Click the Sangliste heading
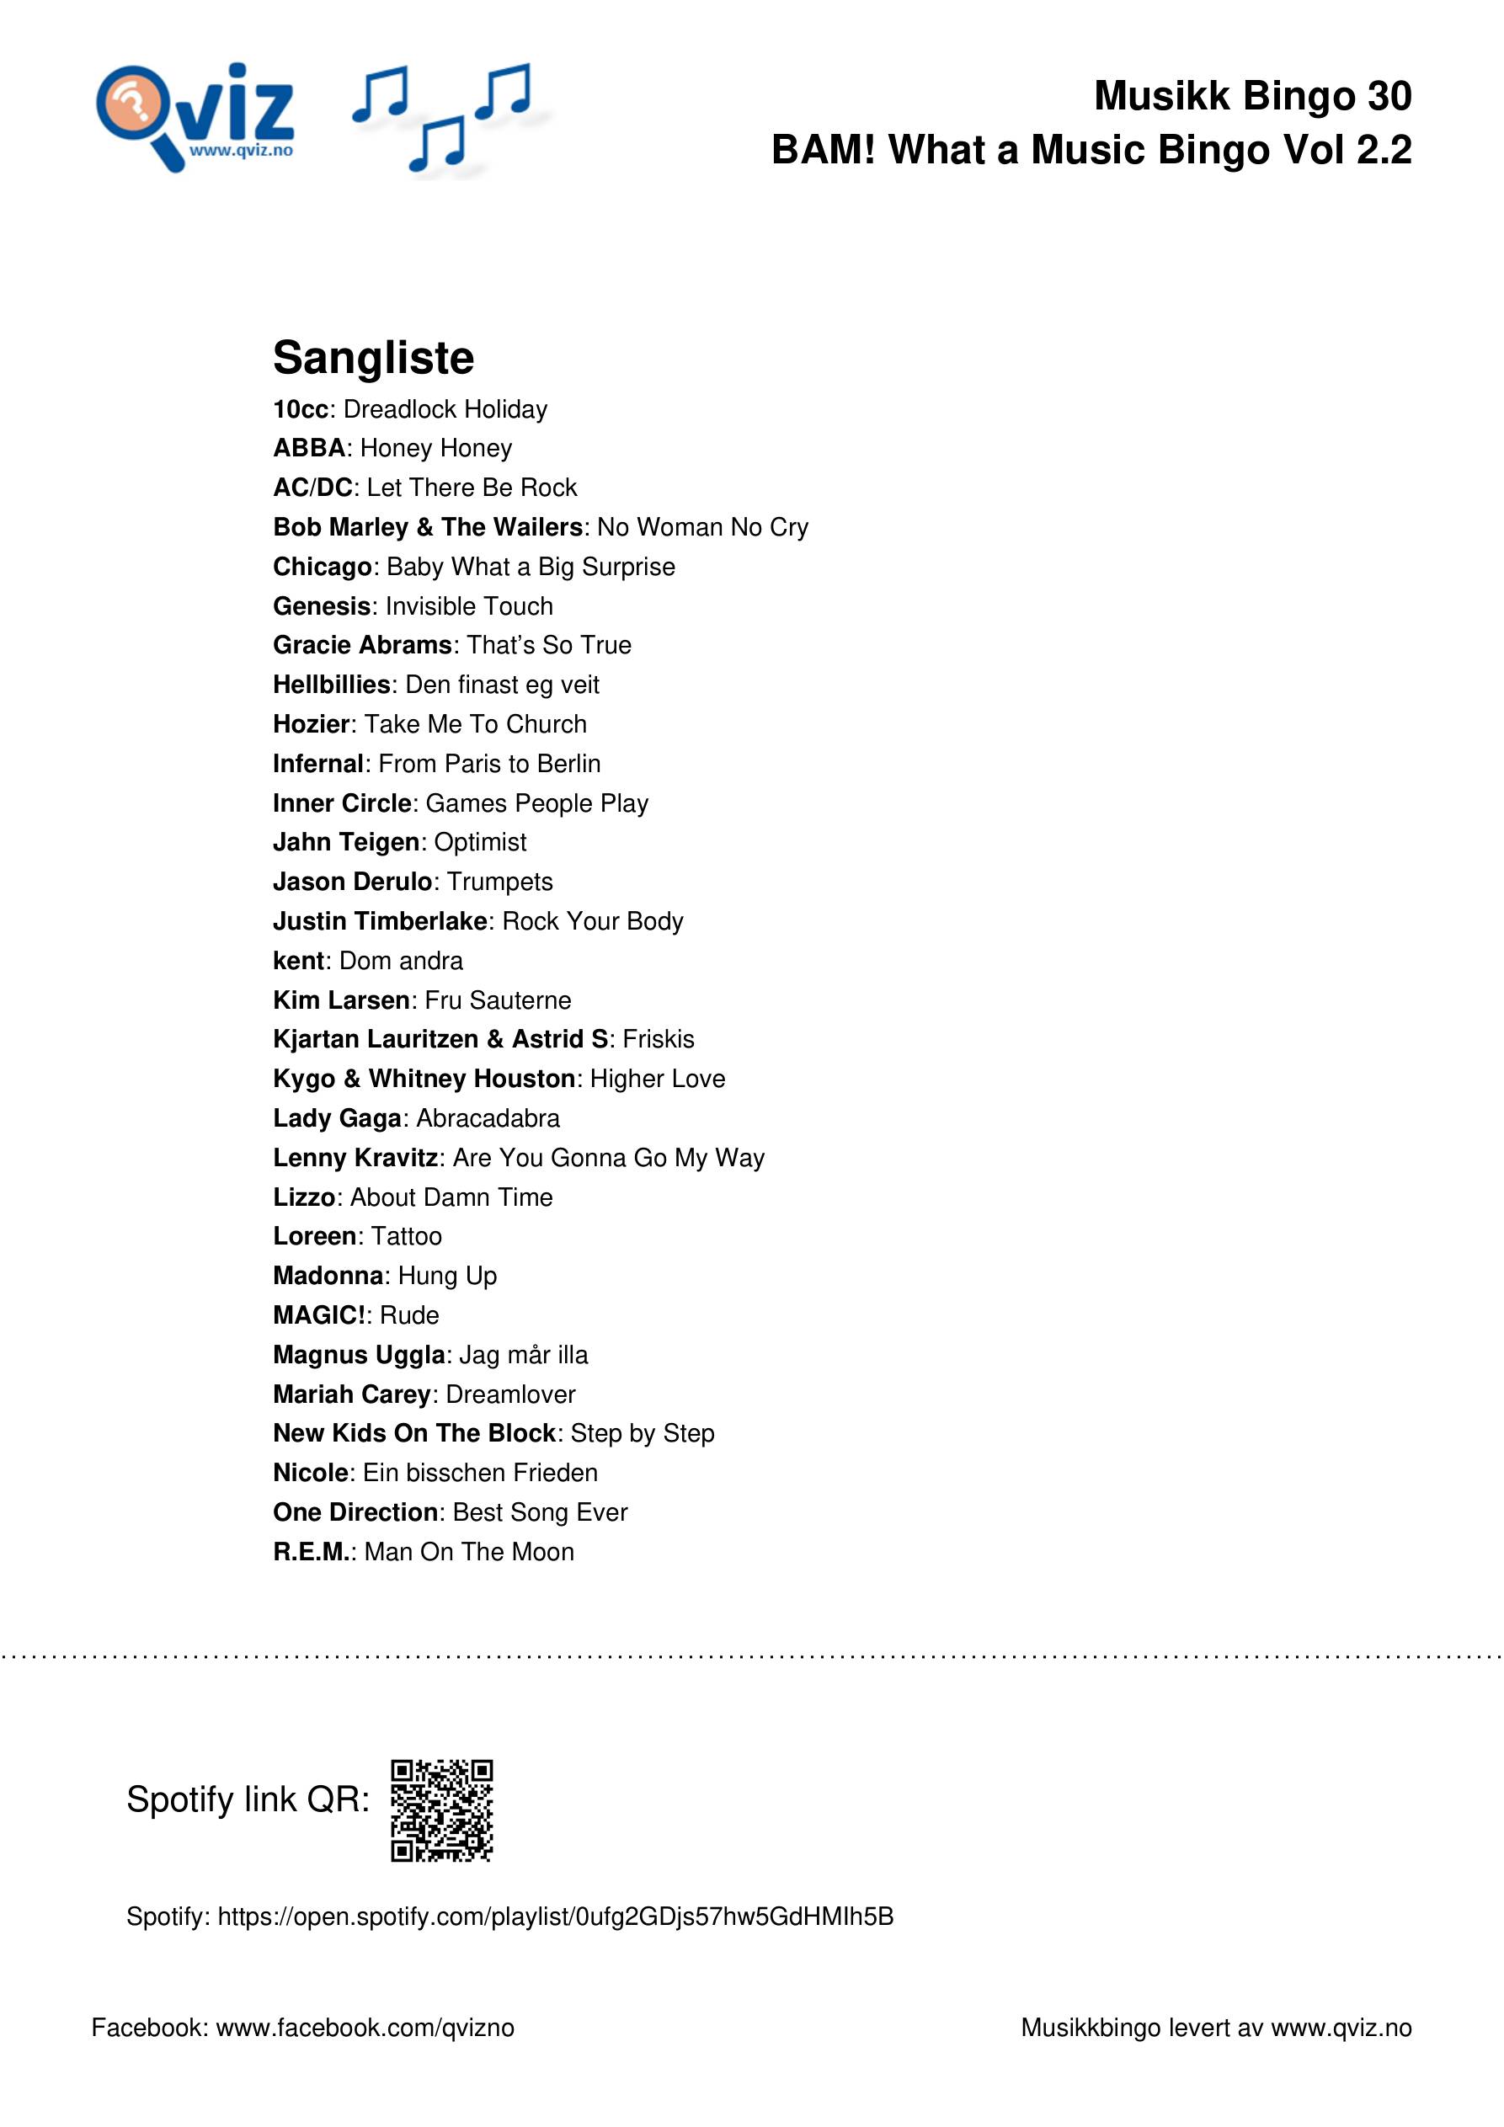click(373, 358)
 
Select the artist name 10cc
click(301, 409)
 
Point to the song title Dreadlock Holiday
click(445, 409)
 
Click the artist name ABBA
click(308, 448)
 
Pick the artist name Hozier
click(312, 724)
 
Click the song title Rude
click(408, 1315)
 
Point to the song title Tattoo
click(406, 1237)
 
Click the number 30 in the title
click(1386, 96)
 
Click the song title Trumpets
click(499, 882)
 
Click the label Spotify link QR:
click(248, 1799)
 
